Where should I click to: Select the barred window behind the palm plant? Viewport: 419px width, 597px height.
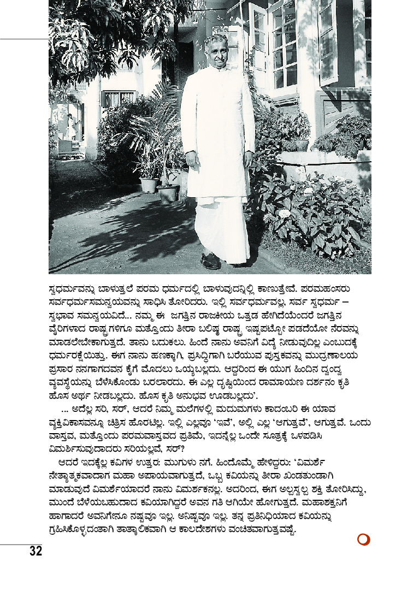(x=119, y=99)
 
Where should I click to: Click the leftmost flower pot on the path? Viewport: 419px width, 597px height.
(x=149, y=184)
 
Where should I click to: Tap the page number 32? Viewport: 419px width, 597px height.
(x=36, y=551)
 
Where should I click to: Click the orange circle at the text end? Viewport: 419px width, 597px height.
(x=363, y=539)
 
